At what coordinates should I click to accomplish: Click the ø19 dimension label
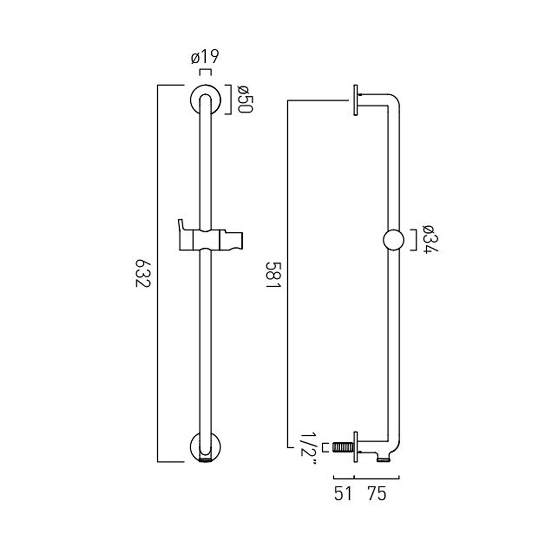coord(205,57)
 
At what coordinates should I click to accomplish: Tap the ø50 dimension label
coord(245,99)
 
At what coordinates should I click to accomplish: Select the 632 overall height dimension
coord(143,273)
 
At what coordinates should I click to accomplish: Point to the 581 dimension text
coord(273,275)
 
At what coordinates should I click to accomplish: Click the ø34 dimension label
coord(430,239)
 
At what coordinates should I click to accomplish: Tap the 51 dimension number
coord(343,493)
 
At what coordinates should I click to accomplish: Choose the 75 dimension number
coord(376,493)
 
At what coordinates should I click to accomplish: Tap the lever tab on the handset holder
coord(181,225)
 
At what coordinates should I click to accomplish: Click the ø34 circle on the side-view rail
coord(393,240)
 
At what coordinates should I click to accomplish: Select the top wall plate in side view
coord(355,100)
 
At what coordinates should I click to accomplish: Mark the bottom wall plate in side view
coord(355,447)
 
